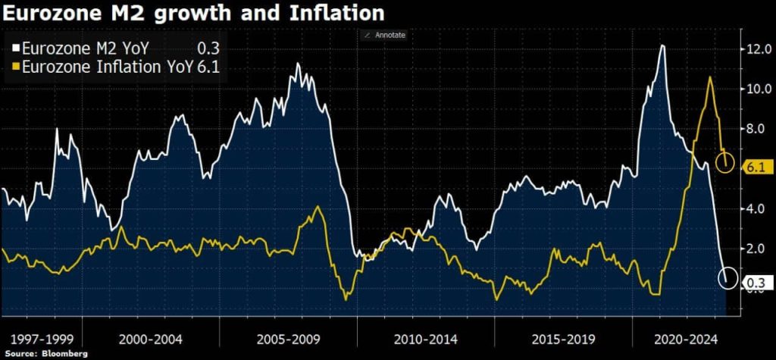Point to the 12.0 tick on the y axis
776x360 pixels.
tap(758, 49)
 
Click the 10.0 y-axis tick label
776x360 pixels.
tap(758, 89)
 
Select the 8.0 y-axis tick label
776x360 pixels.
tap(758, 129)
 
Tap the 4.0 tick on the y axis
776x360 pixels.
tap(758, 208)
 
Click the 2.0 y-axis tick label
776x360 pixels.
tap(758, 249)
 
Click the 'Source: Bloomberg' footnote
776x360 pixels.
tap(45, 354)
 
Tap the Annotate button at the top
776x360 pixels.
tap(387, 35)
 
